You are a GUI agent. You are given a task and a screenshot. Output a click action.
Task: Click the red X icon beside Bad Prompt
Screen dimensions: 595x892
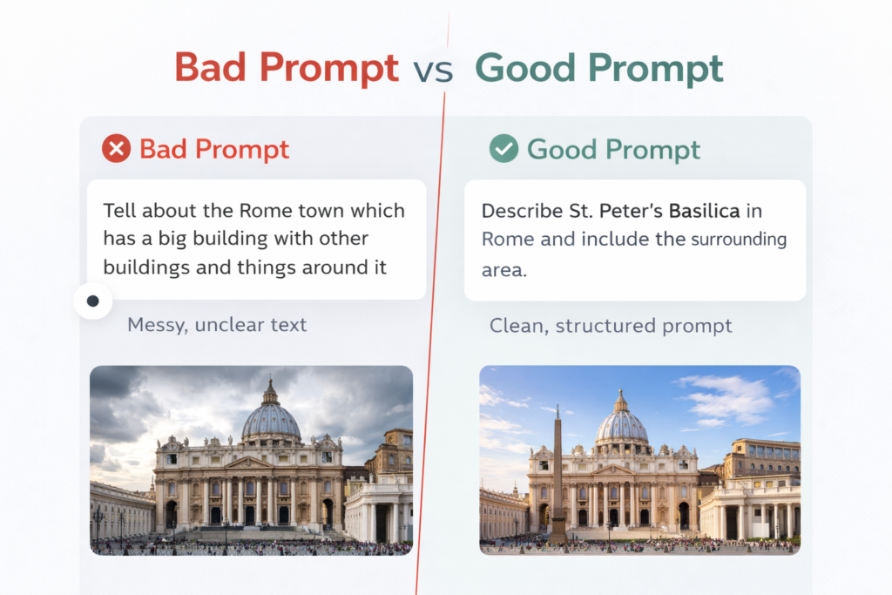pyautogui.click(x=116, y=149)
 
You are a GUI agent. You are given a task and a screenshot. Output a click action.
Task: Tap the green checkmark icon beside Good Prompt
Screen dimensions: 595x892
pyautogui.click(x=503, y=149)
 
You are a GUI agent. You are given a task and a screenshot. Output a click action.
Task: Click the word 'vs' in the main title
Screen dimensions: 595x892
pyautogui.click(x=434, y=71)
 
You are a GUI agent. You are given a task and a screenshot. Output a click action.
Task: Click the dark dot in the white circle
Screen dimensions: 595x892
pyautogui.click(x=93, y=301)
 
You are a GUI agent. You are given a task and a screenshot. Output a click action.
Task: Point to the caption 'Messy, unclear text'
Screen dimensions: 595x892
pyautogui.click(x=217, y=325)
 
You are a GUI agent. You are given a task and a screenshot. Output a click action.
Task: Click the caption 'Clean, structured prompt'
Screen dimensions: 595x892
pyautogui.click(x=610, y=326)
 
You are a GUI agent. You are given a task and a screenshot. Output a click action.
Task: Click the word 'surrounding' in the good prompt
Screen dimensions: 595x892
pyautogui.click(x=739, y=240)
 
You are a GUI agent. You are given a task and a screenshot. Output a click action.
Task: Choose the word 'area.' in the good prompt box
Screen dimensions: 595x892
pyautogui.click(x=504, y=269)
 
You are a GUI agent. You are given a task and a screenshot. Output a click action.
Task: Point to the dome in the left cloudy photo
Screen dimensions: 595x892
pyautogui.click(x=271, y=418)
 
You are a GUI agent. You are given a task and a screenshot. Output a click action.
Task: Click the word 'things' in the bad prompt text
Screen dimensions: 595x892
pyautogui.click(x=267, y=267)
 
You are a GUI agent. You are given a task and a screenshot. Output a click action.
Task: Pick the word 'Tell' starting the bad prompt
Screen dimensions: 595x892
pyautogui.click(x=119, y=211)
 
